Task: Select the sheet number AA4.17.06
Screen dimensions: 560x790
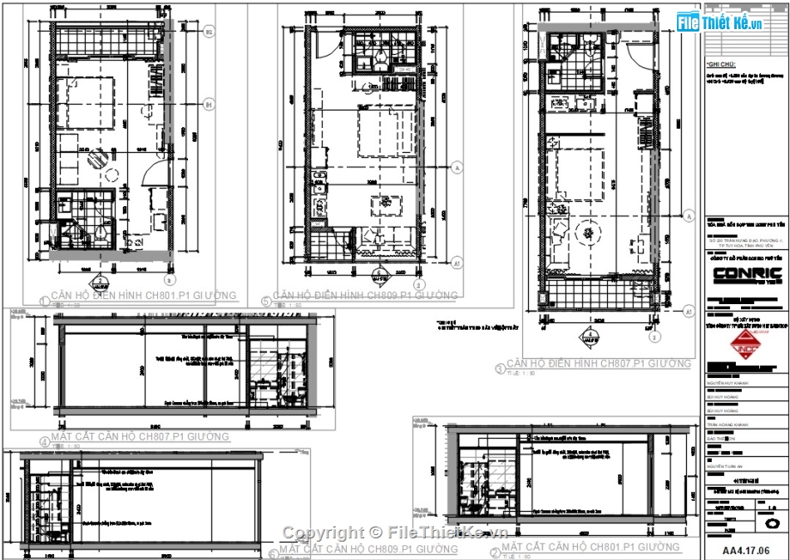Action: (x=746, y=550)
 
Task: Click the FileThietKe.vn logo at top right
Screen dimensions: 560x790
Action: (x=720, y=22)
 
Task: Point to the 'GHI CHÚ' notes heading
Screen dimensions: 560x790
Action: (x=721, y=64)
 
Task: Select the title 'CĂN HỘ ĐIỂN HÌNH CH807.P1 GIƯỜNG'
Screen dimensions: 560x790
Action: (x=598, y=364)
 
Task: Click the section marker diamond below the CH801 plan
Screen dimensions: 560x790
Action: (x=100, y=282)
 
